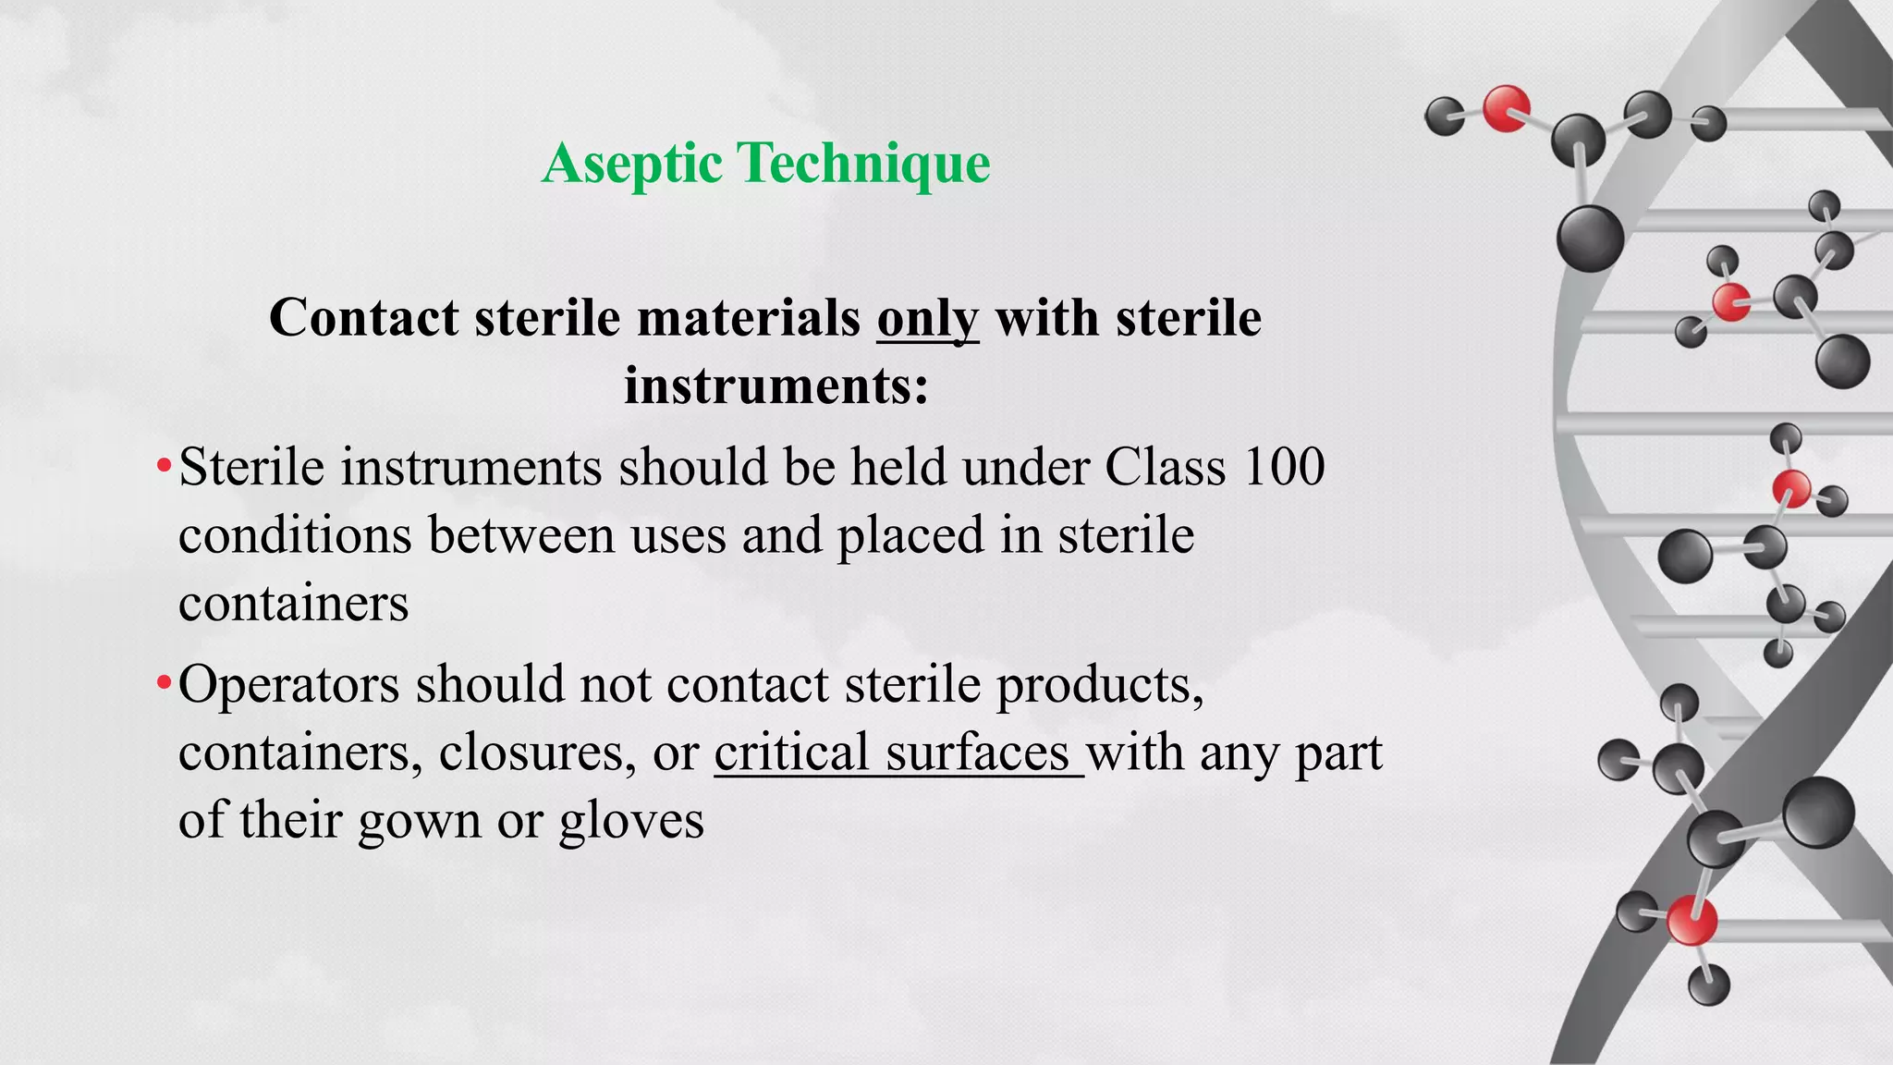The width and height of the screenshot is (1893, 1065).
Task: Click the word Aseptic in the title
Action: (632, 165)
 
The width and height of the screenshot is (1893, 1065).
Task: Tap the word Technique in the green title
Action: (863, 165)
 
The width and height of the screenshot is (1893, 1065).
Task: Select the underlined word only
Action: (927, 319)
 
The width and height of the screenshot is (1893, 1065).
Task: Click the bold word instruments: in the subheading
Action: (776, 386)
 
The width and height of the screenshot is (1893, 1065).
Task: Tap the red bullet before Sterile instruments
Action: (164, 464)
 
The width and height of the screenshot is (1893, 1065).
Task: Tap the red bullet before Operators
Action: (164, 684)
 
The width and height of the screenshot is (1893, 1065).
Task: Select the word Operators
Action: (288, 686)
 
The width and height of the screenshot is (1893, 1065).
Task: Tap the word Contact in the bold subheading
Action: (364, 319)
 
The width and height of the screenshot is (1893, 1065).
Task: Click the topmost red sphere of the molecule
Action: (1506, 108)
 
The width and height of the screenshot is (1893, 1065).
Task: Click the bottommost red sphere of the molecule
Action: (1691, 921)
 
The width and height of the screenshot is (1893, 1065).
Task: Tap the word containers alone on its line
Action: (293, 604)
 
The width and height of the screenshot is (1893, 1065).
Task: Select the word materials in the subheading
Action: (749, 319)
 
